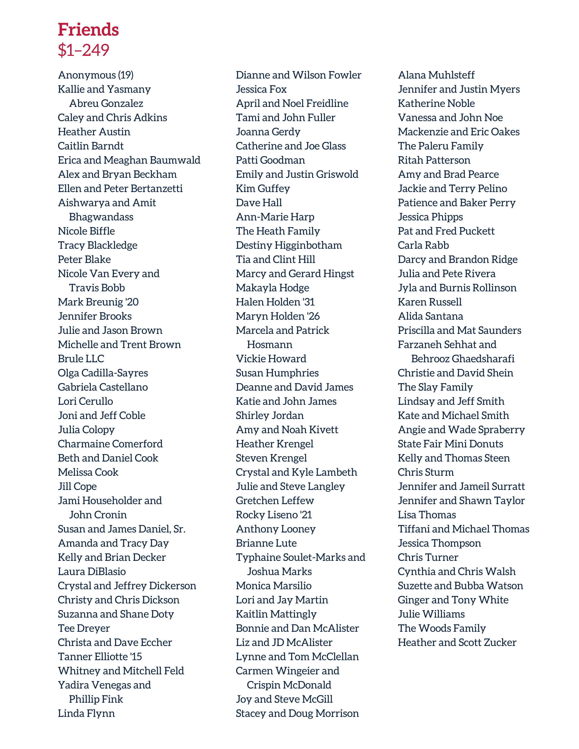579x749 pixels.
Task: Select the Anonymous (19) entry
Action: pyautogui.click(x=96, y=75)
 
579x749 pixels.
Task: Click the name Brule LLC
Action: pyautogui.click(x=81, y=359)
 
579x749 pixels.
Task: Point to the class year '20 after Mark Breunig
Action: pyautogui.click(x=132, y=302)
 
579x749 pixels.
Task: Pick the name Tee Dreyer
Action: pyautogui.click(x=84, y=628)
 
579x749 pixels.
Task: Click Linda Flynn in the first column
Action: pyautogui.click(x=86, y=713)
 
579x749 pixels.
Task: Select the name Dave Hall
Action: pyautogui.click(x=259, y=203)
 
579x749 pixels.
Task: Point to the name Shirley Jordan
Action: pyautogui.click(x=270, y=416)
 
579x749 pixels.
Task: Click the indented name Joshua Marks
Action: pyautogui.click(x=279, y=572)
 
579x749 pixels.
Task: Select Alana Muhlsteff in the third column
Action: pyautogui.click(x=436, y=75)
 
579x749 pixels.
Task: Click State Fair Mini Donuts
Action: pyautogui.click(x=450, y=444)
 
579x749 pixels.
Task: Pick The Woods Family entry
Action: pyautogui.click(x=441, y=628)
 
